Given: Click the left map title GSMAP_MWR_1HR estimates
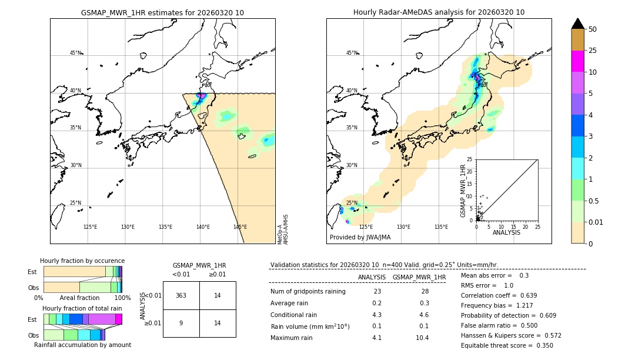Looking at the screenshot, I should pyautogui.click(x=162, y=12).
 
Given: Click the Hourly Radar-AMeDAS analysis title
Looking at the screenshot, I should pyautogui.click(x=439, y=12).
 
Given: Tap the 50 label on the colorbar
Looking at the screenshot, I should pyautogui.click(x=593, y=29).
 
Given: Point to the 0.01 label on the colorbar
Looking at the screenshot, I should pyautogui.click(x=596, y=222).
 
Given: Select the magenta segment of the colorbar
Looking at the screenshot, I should pyautogui.click(x=577, y=61).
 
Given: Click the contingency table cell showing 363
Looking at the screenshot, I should pyautogui.click(x=181, y=296).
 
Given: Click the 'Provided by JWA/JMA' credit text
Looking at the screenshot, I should pyautogui.click(x=360, y=238).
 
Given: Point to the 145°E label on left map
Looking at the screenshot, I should pyautogui.click(x=240, y=227).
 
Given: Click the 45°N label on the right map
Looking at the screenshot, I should pyautogui.click(x=351, y=53).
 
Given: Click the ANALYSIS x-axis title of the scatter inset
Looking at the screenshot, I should pyautogui.click(x=507, y=232).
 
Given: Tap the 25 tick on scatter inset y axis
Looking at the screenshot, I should pyautogui.click(x=469, y=159).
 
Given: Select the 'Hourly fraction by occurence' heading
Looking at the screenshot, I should pyautogui.click(x=82, y=261).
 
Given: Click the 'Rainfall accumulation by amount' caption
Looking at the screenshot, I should pyautogui.click(x=82, y=345).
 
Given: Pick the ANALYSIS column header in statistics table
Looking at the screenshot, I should pyautogui.click(x=372, y=277).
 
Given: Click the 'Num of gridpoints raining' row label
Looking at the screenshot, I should pyautogui.click(x=308, y=292).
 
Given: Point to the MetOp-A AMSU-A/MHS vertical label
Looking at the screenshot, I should pyautogui.click(x=282, y=229).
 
